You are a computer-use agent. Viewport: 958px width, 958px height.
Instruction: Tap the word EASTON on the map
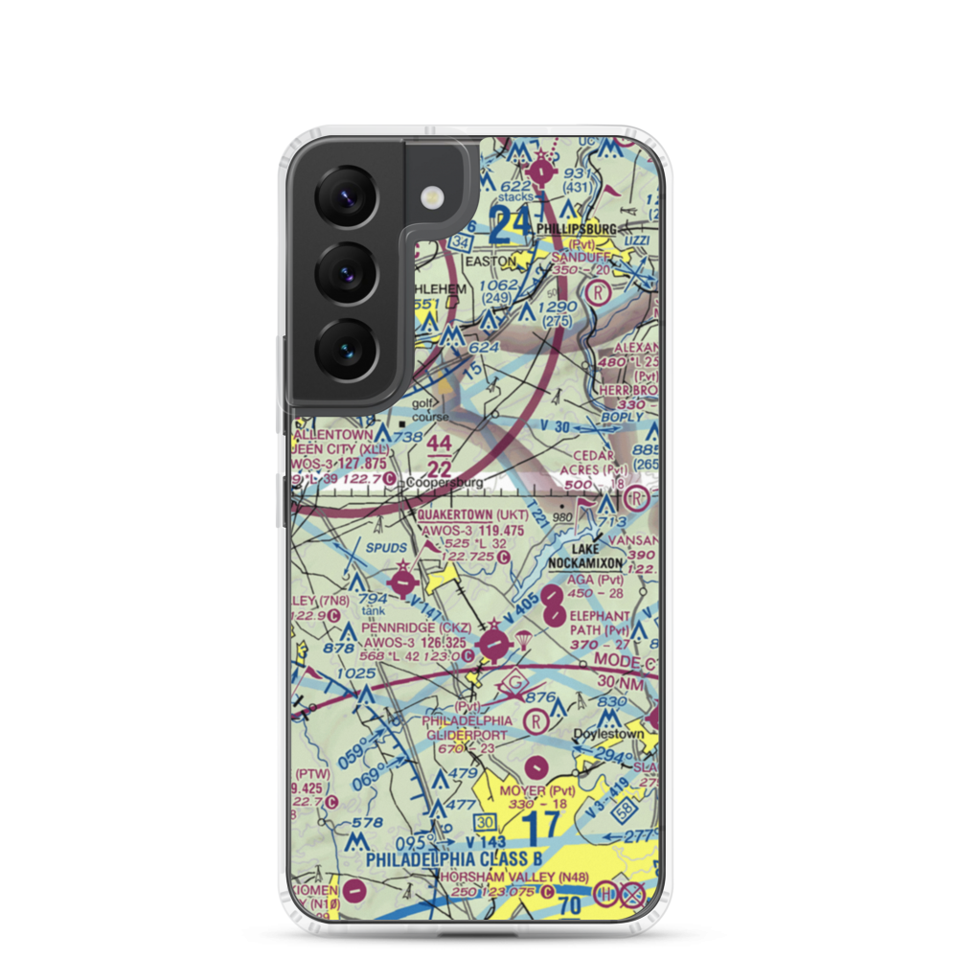point(490,260)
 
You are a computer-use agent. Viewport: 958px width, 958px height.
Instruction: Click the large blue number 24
point(510,226)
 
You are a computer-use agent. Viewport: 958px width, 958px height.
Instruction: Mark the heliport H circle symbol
point(606,895)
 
